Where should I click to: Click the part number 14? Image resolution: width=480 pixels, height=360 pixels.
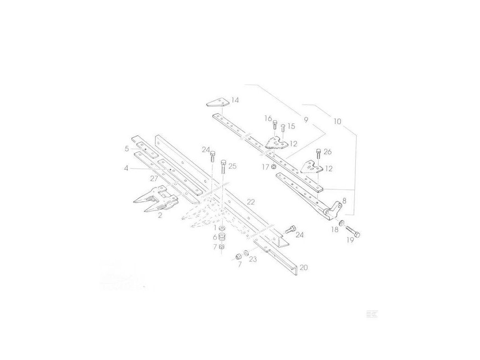click(234, 100)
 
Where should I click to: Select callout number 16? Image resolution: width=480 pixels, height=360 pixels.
click(268, 118)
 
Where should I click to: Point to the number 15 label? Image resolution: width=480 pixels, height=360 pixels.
click(291, 126)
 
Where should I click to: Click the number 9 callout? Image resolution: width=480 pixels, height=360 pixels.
click(306, 120)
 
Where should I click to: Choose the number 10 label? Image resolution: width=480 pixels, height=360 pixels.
click(337, 121)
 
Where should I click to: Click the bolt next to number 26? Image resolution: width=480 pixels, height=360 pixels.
click(319, 153)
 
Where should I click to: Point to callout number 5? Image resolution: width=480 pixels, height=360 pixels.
click(127, 149)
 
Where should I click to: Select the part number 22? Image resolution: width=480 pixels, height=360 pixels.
click(251, 202)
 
